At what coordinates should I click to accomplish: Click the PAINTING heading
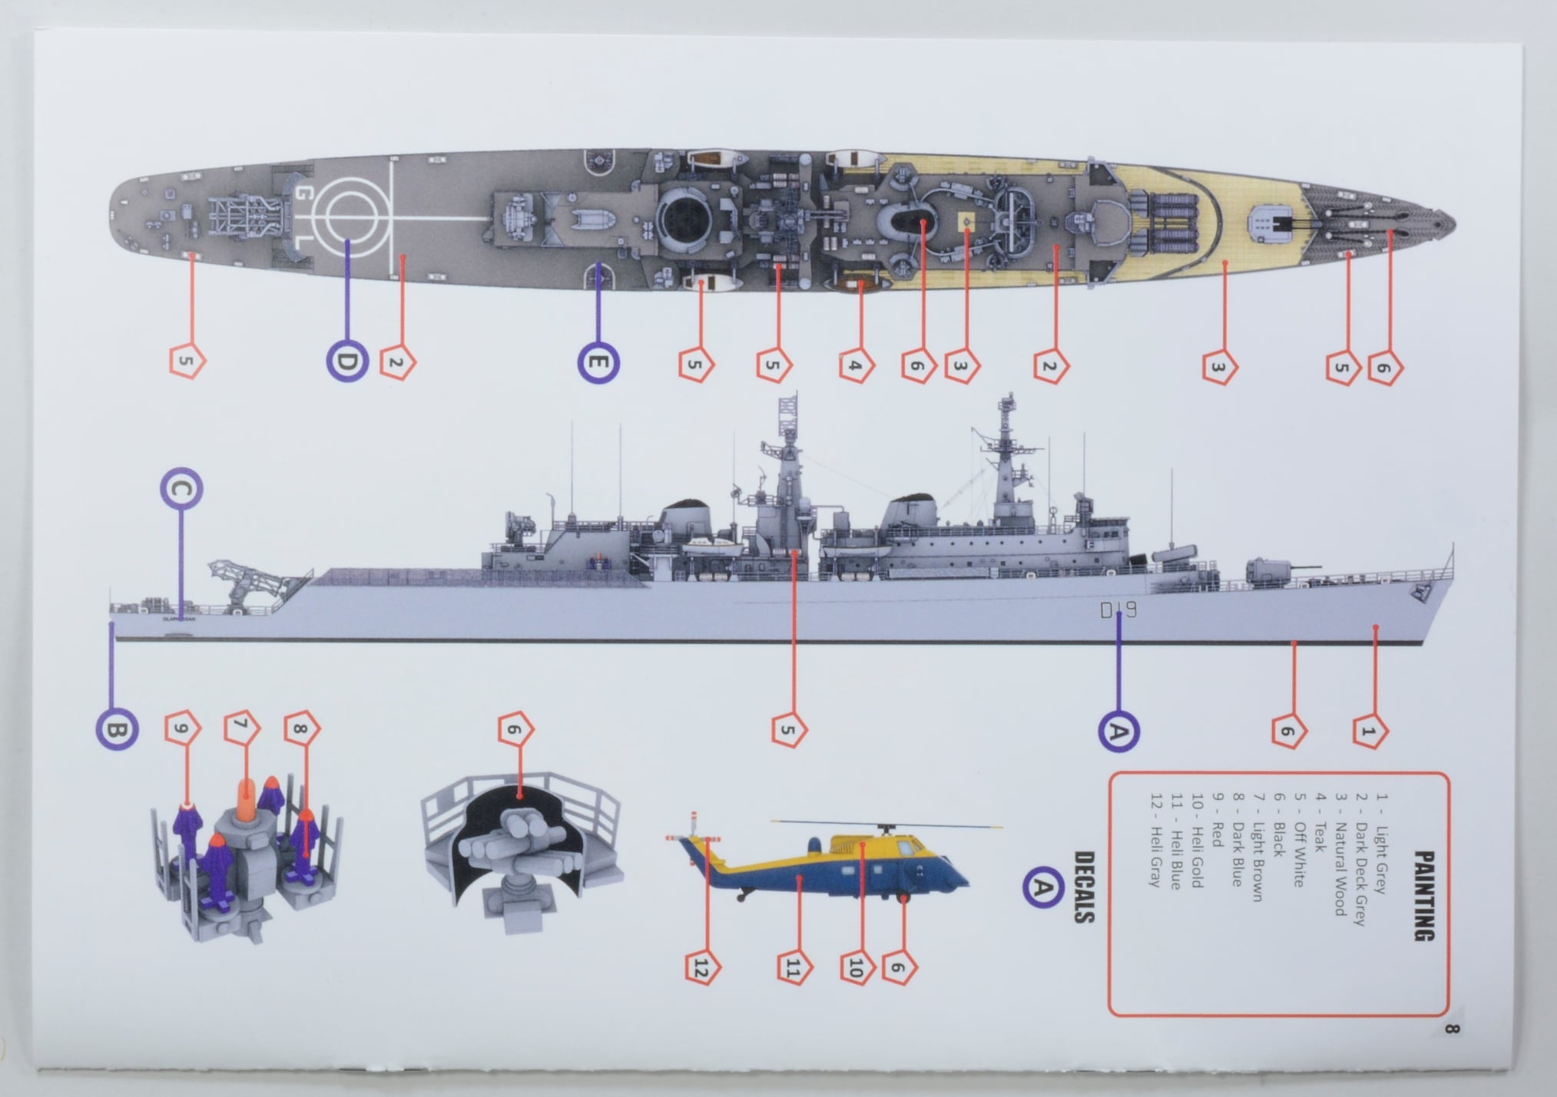tap(1423, 895)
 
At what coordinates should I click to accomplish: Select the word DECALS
tap(1083, 887)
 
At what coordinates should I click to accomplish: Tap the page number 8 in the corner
tap(1450, 1029)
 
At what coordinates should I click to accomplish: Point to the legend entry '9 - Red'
tap(1216, 830)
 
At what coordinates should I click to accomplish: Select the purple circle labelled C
tap(181, 490)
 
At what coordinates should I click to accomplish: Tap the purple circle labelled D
tap(347, 362)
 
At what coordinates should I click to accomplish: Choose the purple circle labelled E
tap(598, 362)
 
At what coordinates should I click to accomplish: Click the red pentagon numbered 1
tap(1367, 731)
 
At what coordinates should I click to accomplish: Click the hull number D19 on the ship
tap(1118, 611)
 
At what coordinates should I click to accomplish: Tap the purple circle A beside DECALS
tap(1042, 887)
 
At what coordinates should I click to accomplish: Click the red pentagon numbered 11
tap(793, 970)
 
